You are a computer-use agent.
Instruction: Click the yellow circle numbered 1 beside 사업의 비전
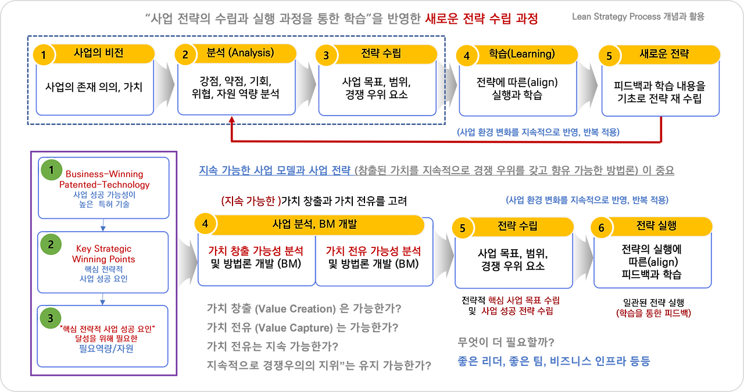coord(44,55)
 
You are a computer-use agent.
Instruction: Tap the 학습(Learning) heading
coord(514,54)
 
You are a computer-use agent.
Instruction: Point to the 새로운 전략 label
coord(664,54)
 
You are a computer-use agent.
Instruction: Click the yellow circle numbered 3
coord(326,55)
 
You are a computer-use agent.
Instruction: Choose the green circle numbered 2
coord(51,244)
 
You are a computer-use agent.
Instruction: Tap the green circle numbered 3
coord(51,318)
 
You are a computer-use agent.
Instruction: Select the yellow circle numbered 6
coord(601,228)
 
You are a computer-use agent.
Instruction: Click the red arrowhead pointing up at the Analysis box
coord(232,119)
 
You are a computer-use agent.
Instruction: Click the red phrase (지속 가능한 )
coord(251,201)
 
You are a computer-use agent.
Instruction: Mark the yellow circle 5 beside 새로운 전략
coord(609,56)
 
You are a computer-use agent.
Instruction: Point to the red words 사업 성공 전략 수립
coord(518,312)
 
